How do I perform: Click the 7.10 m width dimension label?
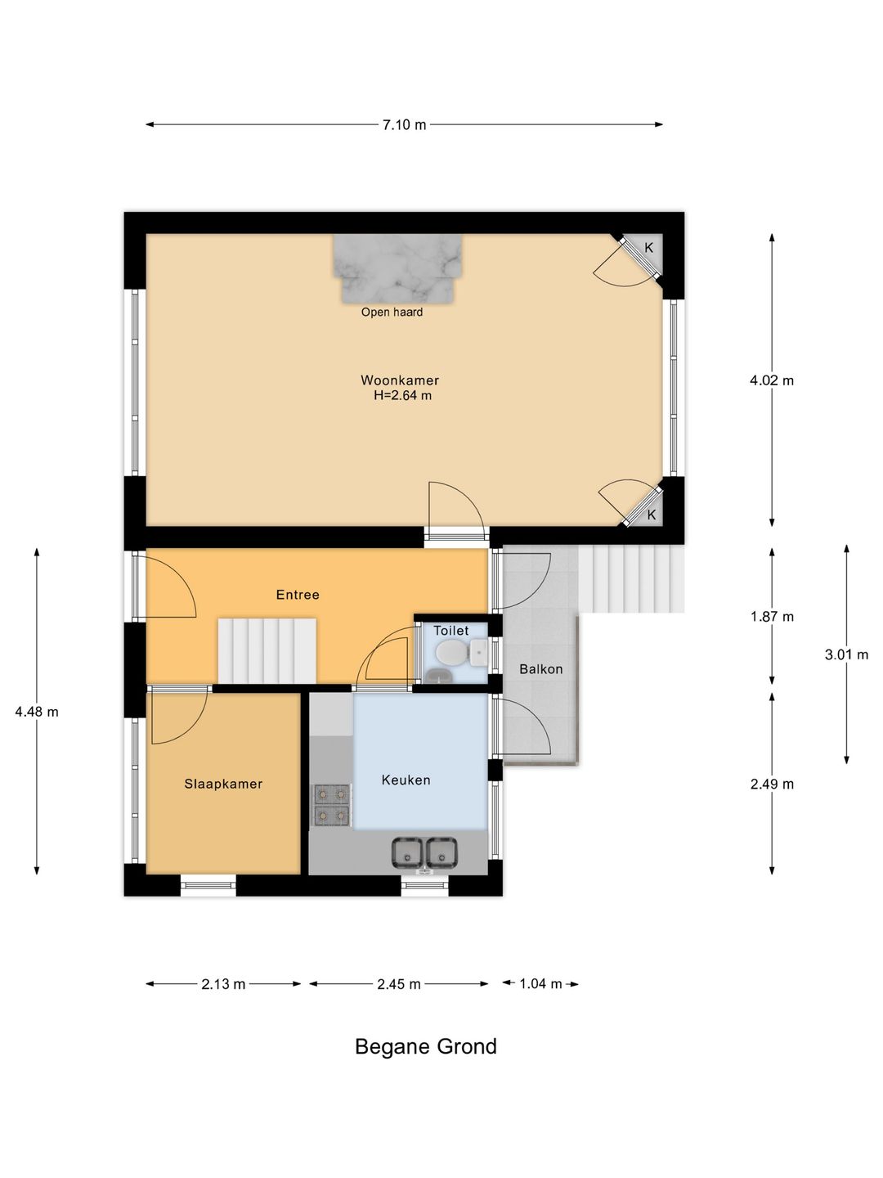[x=404, y=124]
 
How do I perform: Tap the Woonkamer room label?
[x=400, y=380]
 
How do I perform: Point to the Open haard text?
[x=392, y=312]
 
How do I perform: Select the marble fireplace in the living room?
[x=397, y=268]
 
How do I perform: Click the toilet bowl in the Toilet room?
[x=450, y=653]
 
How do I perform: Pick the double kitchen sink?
[x=424, y=852]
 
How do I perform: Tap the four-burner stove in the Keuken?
[x=332, y=804]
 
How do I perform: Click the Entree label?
[x=298, y=594]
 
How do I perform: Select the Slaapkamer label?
[x=223, y=784]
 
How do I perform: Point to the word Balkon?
[x=540, y=668]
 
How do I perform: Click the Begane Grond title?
[x=426, y=1046]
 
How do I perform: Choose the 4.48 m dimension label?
[x=37, y=712]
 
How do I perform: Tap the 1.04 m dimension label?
[x=540, y=984]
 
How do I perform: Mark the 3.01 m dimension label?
[x=846, y=654]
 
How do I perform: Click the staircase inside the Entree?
[x=267, y=651]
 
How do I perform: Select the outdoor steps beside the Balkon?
[x=631, y=578]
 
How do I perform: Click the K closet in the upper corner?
[x=645, y=251]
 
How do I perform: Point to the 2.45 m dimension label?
[x=399, y=984]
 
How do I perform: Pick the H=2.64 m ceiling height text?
[x=402, y=395]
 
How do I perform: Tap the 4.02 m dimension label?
[x=772, y=380]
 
